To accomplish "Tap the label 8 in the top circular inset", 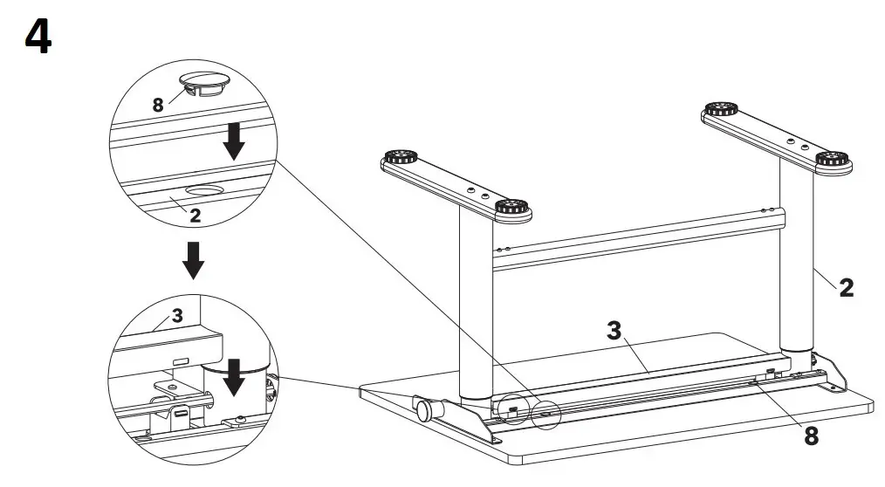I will [158, 105].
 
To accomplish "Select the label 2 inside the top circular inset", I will [196, 215].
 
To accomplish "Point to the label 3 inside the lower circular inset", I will [177, 316].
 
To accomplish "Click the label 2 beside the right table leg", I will [846, 287].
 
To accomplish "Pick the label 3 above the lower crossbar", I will [615, 331].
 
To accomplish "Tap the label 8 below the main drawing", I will [811, 436].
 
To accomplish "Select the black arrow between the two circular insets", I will [194, 259].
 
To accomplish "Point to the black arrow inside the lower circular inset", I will [233, 376].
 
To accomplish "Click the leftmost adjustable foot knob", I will [400, 159].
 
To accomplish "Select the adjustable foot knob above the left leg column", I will [512, 209].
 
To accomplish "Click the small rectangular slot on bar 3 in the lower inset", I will [181, 361].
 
